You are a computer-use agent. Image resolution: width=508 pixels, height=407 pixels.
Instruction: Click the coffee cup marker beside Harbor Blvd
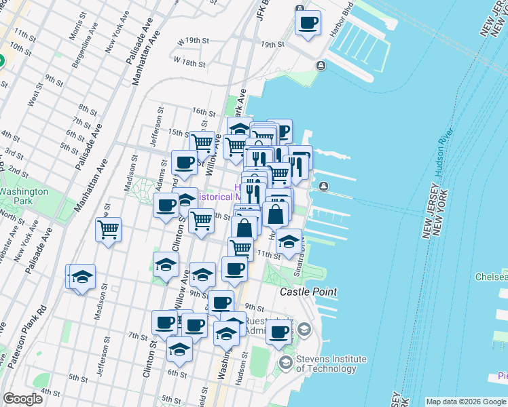point(308,22)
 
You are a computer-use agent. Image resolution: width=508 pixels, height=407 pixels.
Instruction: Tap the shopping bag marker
point(276,215)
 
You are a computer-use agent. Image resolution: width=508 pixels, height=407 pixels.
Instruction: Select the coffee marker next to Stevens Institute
point(278,332)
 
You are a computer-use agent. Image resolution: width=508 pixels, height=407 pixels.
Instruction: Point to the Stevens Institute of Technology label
point(331,364)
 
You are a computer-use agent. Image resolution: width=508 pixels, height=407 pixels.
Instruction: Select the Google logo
point(23,399)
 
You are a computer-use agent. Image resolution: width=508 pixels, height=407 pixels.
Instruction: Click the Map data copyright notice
point(466,402)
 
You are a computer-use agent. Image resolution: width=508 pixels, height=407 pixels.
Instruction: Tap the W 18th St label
point(189,62)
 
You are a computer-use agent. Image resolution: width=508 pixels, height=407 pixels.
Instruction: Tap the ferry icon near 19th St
point(320,65)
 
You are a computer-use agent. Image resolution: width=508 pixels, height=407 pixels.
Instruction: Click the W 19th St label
point(192,41)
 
